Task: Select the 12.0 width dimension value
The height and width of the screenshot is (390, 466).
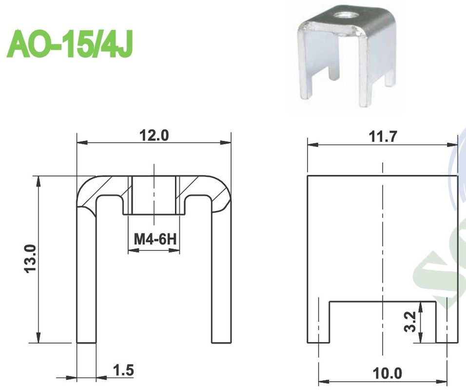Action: coord(154,136)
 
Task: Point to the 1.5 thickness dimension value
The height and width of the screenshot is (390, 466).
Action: coord(123,370)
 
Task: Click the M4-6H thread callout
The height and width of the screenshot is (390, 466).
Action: coord(154,239)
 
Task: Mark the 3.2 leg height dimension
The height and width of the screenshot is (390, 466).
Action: coord(410,322)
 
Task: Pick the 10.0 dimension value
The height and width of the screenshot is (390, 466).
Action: coord(388,374)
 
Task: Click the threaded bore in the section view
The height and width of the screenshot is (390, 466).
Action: coord(154,195)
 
